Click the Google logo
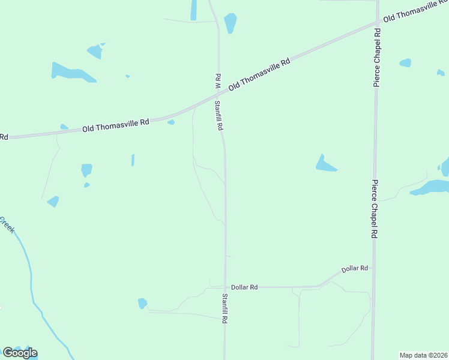[x=20, y=353]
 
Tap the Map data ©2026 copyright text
[x=423, y=355]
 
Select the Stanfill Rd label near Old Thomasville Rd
[x=220, y=115]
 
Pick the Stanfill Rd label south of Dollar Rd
[x=224, y=308]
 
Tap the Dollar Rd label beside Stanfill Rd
[x=244, y=287]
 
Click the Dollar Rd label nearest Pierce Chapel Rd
[x=354, y=269]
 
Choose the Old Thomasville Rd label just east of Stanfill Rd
[x=259, y=74]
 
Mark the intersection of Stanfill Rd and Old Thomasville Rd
[x=218, y=97]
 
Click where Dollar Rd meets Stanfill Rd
[x=226, y=287]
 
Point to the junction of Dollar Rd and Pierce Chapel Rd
[x=373, y=268]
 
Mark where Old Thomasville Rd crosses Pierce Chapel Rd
[x=377, y=24]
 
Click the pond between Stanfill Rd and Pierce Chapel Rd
[x=325, y=164]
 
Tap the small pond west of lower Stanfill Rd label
[x=142, y=303]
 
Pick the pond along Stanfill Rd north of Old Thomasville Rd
[x=230, y=22]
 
